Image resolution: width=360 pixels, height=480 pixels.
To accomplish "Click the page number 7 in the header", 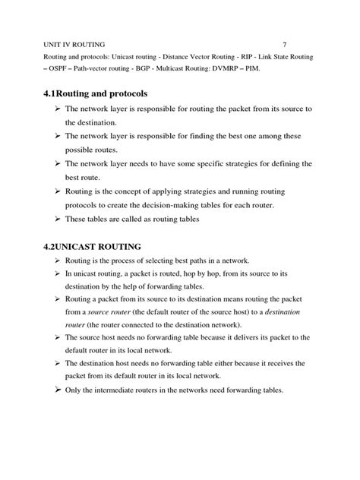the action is click(x=283, y=43).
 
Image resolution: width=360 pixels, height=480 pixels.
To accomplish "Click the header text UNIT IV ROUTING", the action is click(x=71, y=43).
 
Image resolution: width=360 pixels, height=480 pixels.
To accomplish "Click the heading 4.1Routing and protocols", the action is click(x=106, y=93).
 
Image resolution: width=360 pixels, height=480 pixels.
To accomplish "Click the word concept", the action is click(x=132, y=190).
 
